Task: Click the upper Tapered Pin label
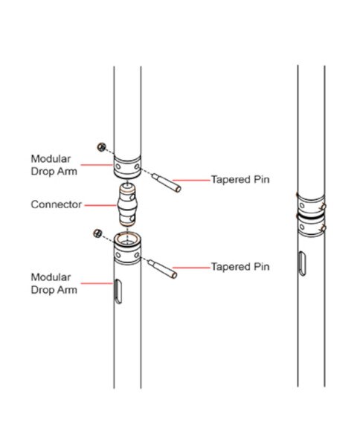(x=240, y=180)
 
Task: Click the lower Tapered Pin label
(x=240, y=267)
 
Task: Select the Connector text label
(x=57, y=204)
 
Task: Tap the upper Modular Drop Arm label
(x=54, y=165)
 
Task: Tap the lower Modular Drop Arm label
(x=54, y=284)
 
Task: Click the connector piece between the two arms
(x=127, y=205)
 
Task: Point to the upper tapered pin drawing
(x=166, y=183)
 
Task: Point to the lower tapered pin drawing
(x=162, y=269)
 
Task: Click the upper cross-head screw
(x=101, y=147)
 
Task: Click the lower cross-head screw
(x=97, y=233)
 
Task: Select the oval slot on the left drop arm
(x=118, y=291)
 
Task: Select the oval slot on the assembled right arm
(x=302, y=264)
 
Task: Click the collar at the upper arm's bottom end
(x=127, y=167)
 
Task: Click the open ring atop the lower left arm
(x=127, y=239)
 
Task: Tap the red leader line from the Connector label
(x=100, y=205)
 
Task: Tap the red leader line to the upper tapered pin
(x=191, y=180)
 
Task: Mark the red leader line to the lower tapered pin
(x=191, y=268)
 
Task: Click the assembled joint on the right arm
(x=311, y=216)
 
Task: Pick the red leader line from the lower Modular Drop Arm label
(x=97, y=283)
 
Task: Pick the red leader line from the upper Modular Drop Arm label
(x=97, y=165)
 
